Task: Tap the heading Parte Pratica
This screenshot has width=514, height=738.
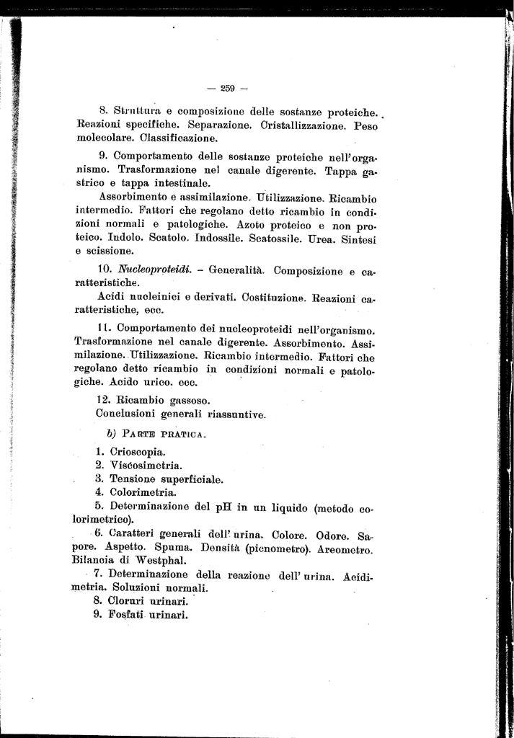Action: pyautogui.click(x=165, y=435)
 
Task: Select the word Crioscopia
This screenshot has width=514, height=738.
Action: pyautogui.click(x=138, y=452)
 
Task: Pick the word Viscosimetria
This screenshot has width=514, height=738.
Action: pyautogui.click(x=146, y=466)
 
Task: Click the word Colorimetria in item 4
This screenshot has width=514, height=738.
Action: pyautogui.click(x=143, y=493)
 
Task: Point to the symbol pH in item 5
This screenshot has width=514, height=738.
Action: pyautogui.click(x=226, y=507)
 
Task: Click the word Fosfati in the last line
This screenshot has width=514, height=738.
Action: pyautogui.click(x=128, y=615)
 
